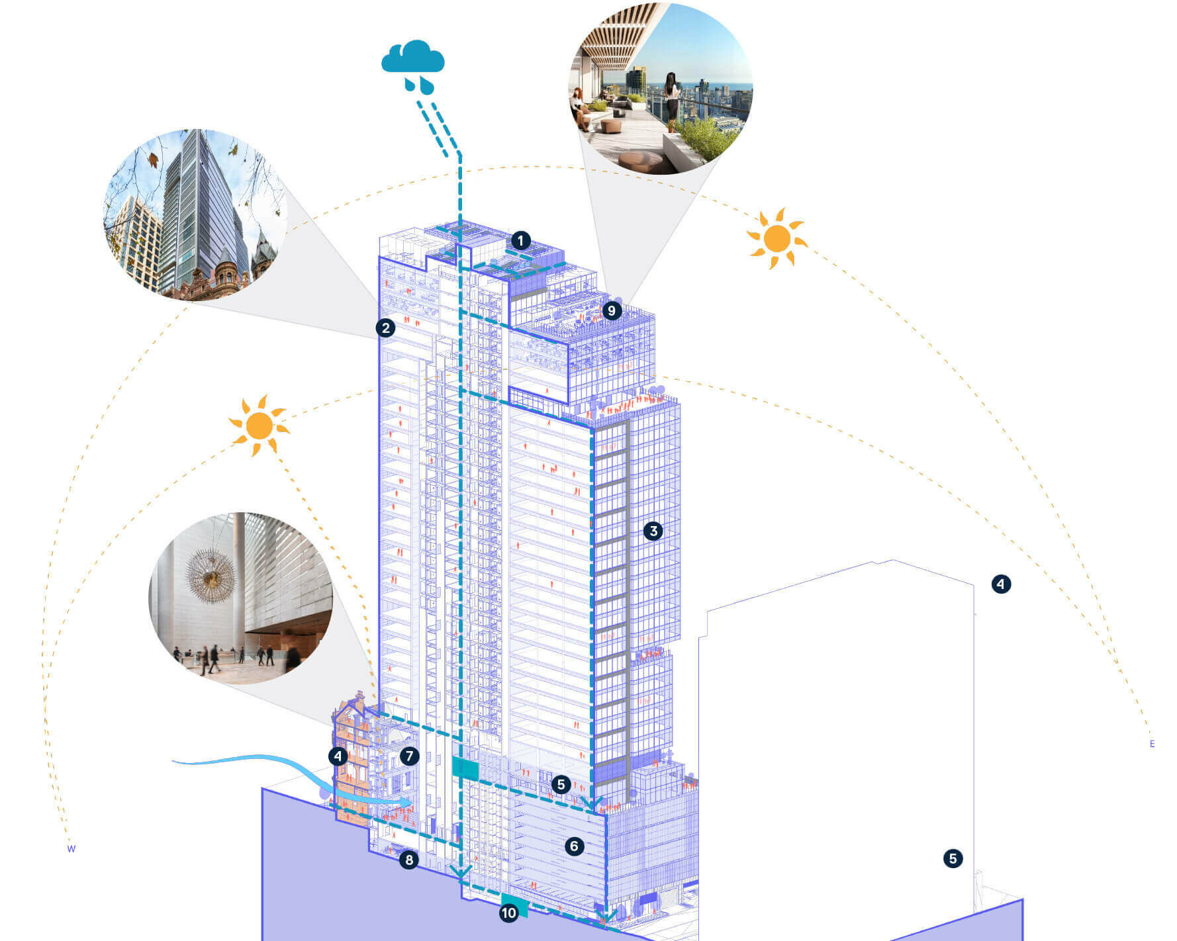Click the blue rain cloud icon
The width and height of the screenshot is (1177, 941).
(412, 65)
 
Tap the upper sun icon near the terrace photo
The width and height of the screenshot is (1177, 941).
(777, 239)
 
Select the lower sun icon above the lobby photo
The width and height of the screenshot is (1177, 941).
(259, 426)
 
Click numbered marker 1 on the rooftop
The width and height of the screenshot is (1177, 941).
(521, 240)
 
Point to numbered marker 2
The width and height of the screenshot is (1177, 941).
(385, 328)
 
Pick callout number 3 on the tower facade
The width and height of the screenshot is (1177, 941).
(653, 531)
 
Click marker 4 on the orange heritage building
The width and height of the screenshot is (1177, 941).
(338, 756)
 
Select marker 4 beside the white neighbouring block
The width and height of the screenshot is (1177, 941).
(1001, 584)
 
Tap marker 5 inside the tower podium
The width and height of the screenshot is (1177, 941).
(561, 785)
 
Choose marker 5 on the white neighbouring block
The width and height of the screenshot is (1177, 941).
(953, 859)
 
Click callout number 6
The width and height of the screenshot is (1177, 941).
(574, 846)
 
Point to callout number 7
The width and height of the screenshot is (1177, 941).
(409, 756)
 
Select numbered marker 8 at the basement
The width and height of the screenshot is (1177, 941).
(409, 860)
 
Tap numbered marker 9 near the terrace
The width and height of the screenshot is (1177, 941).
(611, 310)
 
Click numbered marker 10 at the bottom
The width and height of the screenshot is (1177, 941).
(508, 913)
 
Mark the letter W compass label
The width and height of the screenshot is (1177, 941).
(71, 849)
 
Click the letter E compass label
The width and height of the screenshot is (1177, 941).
(1152, 744)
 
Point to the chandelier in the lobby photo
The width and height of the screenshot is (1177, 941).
(211, 575)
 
